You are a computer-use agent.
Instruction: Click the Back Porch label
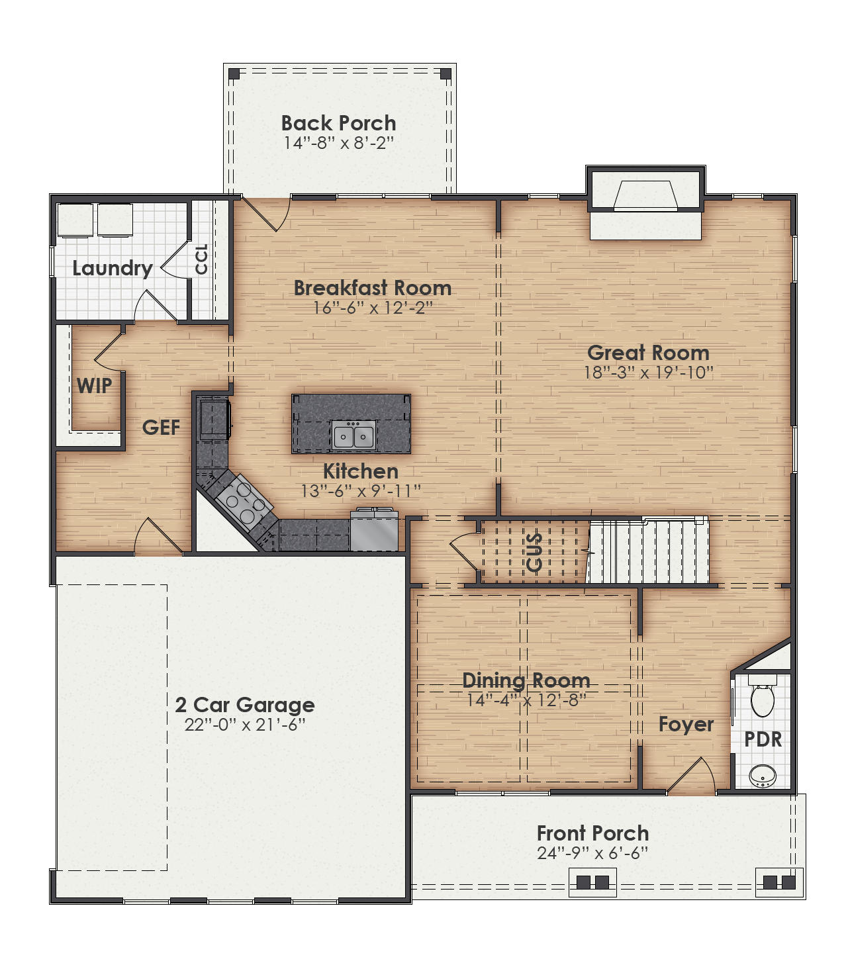tap(338, 123)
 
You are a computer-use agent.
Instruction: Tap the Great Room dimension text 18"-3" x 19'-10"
tap(648, 373)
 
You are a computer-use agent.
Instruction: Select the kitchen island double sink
tap(353, 436)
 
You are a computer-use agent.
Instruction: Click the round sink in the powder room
tap(763, 775)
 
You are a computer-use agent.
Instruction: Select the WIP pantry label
tap(94, 386)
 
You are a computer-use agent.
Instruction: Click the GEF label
tap(161, 428)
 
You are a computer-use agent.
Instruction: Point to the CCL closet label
tap(202, 259)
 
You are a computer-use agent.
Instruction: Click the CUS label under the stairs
tap(534, 552)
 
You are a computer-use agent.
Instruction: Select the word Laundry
tap(112, 268)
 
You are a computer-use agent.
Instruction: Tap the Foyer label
tap(686, 725)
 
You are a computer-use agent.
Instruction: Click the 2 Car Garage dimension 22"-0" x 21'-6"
tap(245, 725)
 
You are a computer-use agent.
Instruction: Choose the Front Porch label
tap(592, 833)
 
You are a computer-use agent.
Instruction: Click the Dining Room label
tap(526, 680)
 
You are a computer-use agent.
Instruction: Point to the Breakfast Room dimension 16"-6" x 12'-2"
tap(373, 308)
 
